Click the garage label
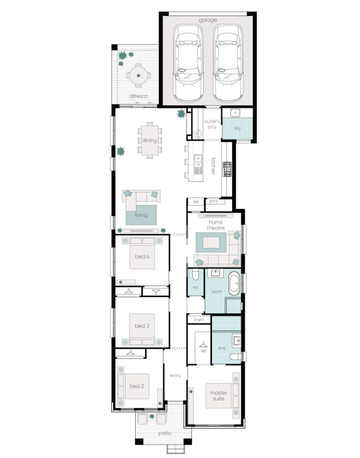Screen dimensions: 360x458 point(208,20)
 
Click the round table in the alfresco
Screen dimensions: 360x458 point(139,75)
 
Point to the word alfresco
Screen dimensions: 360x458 point(139,96)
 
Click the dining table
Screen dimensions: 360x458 point(149,140)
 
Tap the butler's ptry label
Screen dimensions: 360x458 point(212,124)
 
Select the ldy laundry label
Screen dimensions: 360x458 point(237,128)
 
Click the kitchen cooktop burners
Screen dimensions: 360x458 point(227,169)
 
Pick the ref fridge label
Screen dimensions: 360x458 point(196,202)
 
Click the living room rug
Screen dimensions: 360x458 point(141,215)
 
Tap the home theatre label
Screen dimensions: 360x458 point(216,225)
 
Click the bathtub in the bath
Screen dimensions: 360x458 point(235,283)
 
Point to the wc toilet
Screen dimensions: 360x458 point(195,274)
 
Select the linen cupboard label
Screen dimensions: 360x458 point(199,320)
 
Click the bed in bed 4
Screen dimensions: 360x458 point(142,253)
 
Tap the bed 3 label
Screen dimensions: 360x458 point(142,326)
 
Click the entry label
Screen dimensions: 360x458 point(175,375)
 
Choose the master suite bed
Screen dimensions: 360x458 point(222,396)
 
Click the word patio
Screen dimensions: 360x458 point(165,433)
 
